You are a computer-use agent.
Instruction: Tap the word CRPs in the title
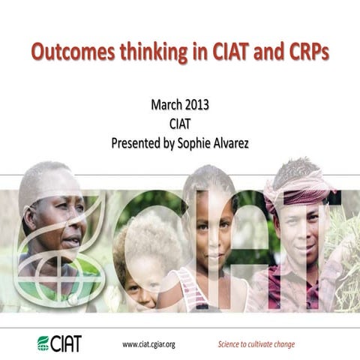point(305,54)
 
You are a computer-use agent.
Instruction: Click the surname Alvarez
point(239,141)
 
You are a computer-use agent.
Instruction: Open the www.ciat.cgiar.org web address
point(148,344)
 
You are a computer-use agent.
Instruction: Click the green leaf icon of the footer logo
point(43,343)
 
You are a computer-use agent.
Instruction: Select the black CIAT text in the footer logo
point(67,343)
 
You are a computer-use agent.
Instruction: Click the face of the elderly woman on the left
point(60,225)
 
